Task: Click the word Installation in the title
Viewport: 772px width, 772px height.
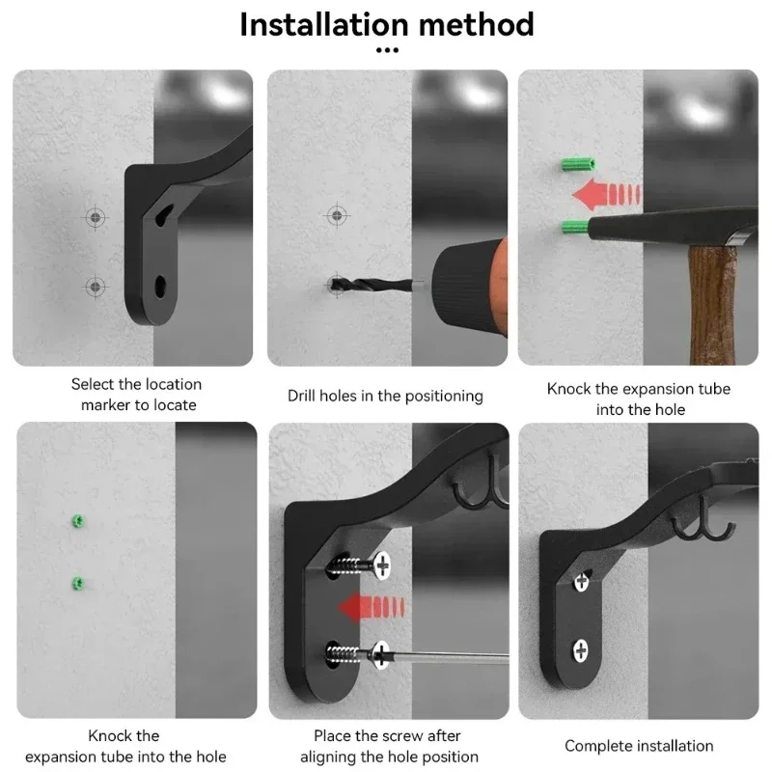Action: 324,25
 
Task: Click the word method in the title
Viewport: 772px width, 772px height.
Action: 476,25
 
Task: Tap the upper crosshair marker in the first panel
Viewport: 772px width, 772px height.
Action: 96,217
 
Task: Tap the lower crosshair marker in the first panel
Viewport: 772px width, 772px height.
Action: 96,287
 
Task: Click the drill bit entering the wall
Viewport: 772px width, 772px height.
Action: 371,285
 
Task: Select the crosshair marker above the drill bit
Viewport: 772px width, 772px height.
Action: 337,215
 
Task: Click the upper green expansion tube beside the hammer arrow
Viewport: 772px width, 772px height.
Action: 578,164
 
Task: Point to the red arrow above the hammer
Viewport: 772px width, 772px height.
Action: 606,194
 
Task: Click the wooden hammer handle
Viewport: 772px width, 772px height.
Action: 711,305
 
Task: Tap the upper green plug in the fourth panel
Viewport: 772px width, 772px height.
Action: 78,521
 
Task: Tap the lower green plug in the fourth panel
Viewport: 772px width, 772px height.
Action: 78,584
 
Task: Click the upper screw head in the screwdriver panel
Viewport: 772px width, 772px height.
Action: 382,565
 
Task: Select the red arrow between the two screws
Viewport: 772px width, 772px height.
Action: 372,607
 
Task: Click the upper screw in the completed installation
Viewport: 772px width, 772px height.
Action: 582,582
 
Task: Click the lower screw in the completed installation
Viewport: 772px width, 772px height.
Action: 581,650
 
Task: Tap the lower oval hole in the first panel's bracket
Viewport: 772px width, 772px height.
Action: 160,286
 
